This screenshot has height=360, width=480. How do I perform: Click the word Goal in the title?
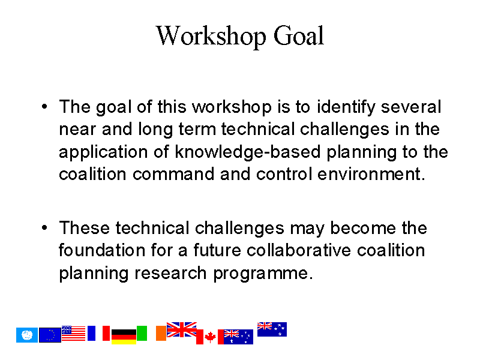click(298, 36)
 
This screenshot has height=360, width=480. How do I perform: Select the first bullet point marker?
click(44, 107)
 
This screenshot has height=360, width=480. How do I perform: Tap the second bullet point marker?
click(44, 228)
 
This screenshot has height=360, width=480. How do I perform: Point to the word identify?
click(346, 108)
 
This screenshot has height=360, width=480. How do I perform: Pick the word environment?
click(371, 174)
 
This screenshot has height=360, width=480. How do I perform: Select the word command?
click(173, 174)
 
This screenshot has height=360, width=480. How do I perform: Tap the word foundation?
click(102, 250)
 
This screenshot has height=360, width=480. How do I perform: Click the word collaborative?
click(299, 250)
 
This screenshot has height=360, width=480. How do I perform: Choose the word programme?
click(263, 274)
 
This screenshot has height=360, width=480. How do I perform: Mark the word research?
click(170, 273)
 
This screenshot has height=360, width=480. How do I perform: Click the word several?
click(411, 107)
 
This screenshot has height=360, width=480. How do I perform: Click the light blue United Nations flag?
click(27, 335)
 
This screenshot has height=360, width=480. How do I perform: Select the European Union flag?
click(50, 335)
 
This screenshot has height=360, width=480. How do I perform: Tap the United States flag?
click(73, 333)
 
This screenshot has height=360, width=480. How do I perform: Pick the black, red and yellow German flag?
click(124, 337)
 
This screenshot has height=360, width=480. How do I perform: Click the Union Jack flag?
click(182, 329)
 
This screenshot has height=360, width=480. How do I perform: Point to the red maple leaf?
click(210, 337)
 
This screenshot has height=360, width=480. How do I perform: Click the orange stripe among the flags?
click(161, 333)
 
